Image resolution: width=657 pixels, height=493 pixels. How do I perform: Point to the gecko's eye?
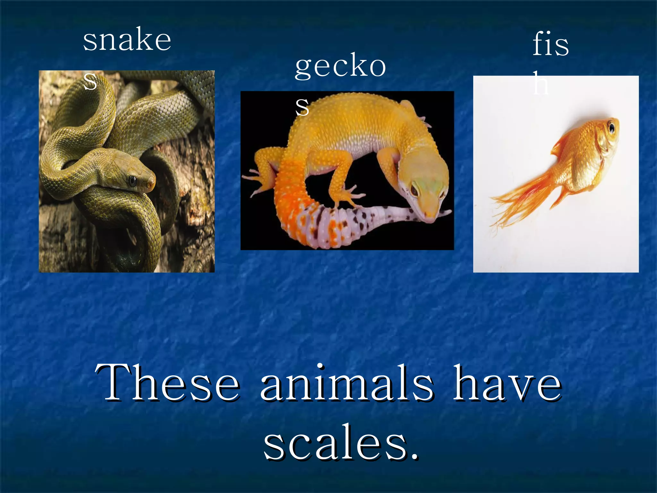click(x=414, y=189)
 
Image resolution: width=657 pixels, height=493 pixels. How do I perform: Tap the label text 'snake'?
click(x=127, y=40)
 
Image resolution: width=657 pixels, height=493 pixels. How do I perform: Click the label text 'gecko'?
click(x=340, y=66)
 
